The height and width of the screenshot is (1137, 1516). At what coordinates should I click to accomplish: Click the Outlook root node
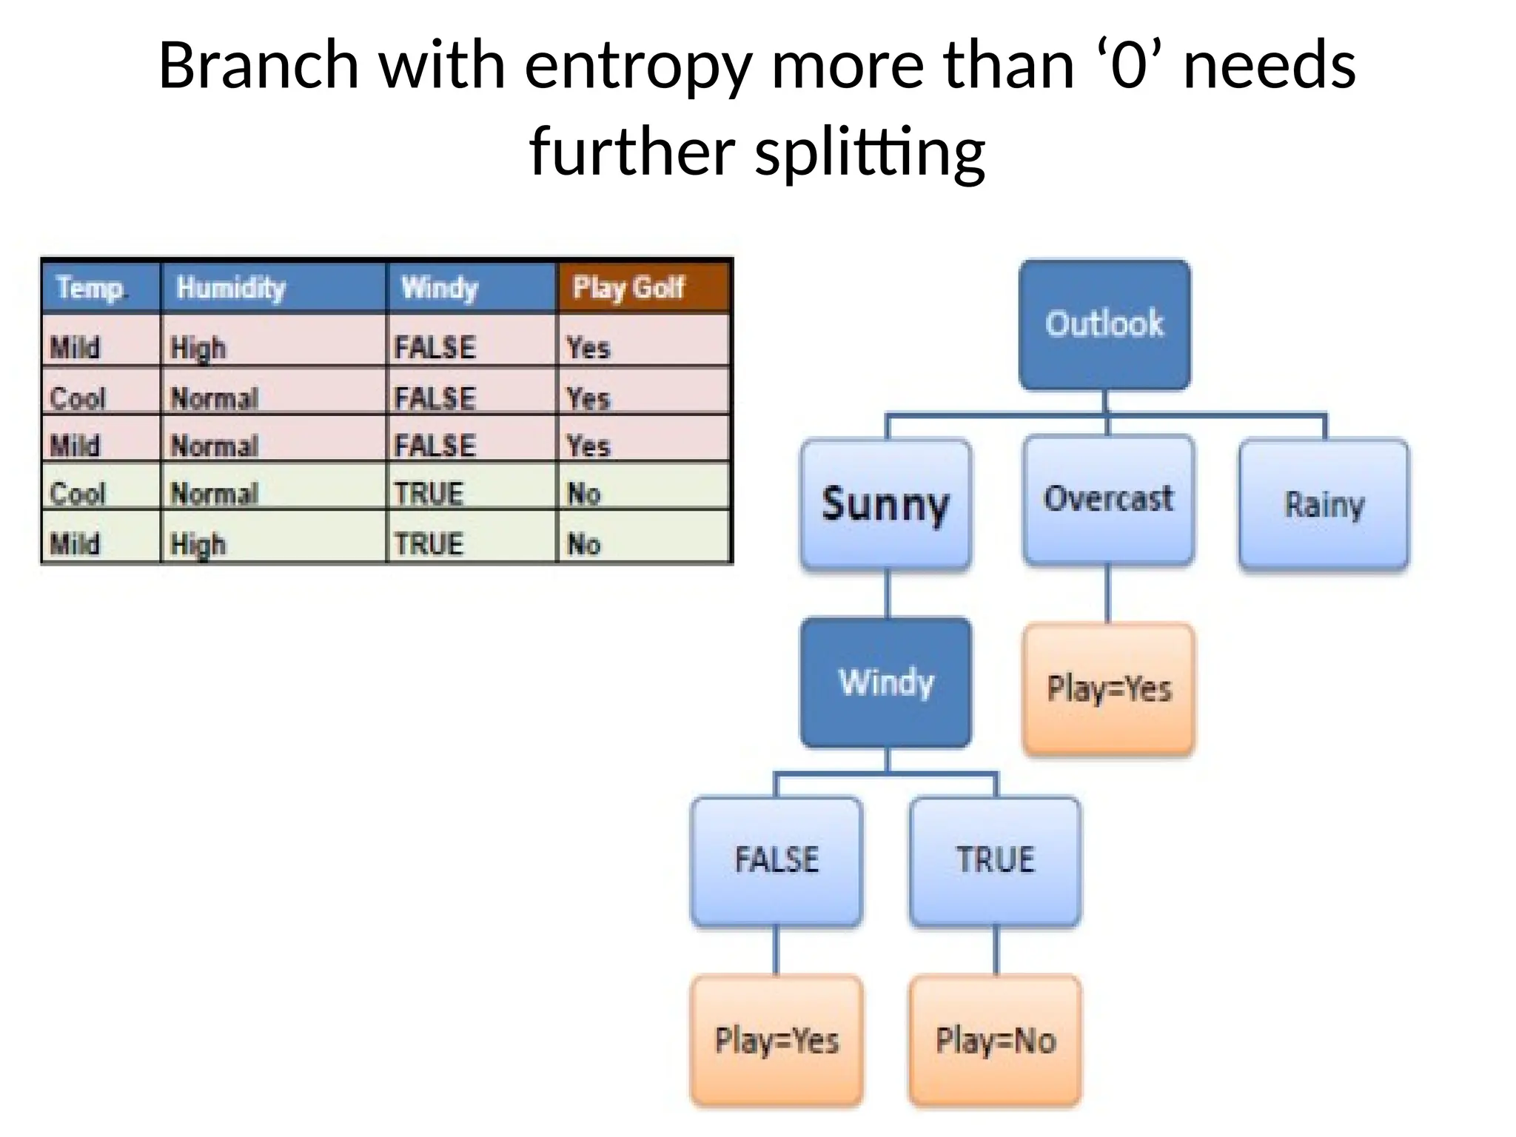pyautogui.click(x=1104, y=324)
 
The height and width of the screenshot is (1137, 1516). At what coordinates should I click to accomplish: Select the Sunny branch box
pyautogui.click(x=886, y=504)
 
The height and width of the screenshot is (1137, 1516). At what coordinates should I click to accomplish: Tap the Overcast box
pyautogui.click(x=1108, y=500)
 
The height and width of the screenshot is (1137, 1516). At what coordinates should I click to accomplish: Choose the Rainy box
pyautogui.click(x=1324, y=504)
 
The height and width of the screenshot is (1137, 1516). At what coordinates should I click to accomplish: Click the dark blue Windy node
pyautogui.click(x=886, y=682)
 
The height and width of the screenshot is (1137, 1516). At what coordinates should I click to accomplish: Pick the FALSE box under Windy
pyautogui.click(x=777, y=861)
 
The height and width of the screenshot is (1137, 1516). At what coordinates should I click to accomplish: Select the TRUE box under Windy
pyautogui.click(x=995, y=861)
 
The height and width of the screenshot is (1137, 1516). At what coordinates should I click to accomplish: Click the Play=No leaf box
pyautogui.click(x=995, y=1040)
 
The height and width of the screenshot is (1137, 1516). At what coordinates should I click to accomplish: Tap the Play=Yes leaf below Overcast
pyautogui.click(x=1108, y=688)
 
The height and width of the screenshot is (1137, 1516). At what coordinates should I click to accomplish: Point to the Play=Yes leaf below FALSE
pyautogui.click(x=777, y=1040)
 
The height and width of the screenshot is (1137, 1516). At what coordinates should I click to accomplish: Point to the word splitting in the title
pyautogui.click(x=870, y=152)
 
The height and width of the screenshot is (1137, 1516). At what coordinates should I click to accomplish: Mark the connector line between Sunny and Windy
pyautogui.click(x=887, y=594)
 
